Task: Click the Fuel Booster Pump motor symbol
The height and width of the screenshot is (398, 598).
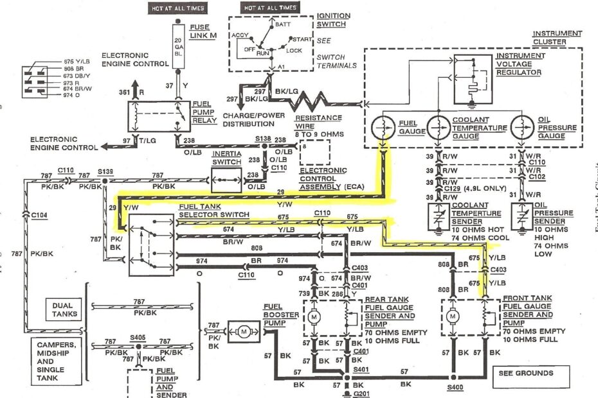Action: click(x=243, y=331)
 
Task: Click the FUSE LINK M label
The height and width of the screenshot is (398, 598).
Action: click(x=204, y=32)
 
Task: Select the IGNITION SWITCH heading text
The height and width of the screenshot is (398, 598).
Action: click(x=333, y=19)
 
